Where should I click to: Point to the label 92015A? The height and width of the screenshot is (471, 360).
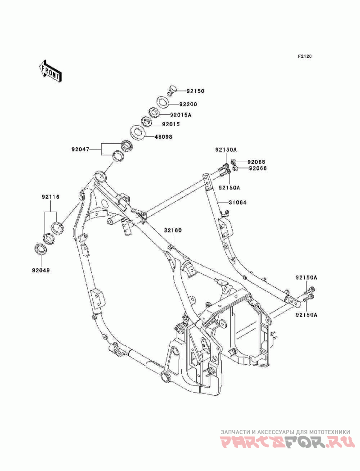click(x=180, y=115)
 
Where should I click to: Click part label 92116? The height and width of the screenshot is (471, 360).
click(x=51, y=197)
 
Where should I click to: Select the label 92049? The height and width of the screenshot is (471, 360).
click(x=40, y=271)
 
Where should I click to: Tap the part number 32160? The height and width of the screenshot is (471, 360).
click(x=172, y=230)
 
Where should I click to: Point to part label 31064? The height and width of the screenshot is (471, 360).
click(x=237, y=202)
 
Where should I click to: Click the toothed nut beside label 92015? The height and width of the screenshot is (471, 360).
click(x=147, y=121)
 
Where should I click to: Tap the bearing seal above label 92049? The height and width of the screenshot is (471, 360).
click(x=40, y=249)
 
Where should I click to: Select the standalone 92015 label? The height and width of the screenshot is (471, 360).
click(x=171, y=124)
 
